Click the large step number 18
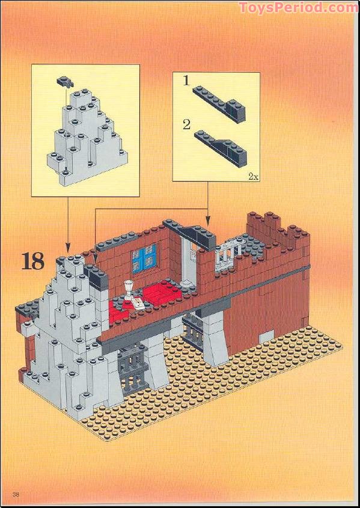[32, 261]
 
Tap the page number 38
[16, 494]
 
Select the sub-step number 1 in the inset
[186, 81]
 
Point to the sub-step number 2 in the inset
[186, 124]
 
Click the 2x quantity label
[253, 177]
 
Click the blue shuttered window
[144, 259]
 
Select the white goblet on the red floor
[129, 289]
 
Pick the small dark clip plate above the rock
[66, 82]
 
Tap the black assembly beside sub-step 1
[219, 103]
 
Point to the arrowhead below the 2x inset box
[207, 221]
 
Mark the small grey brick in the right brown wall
[266, 337]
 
